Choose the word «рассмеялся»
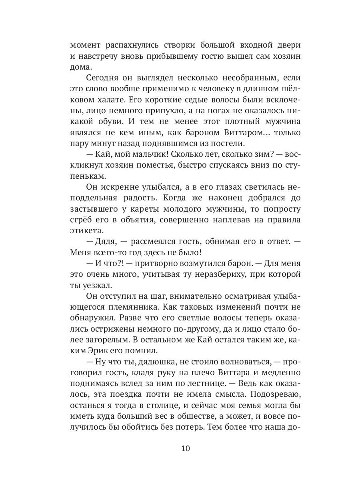pyautogui.click(x=149, y=242)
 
